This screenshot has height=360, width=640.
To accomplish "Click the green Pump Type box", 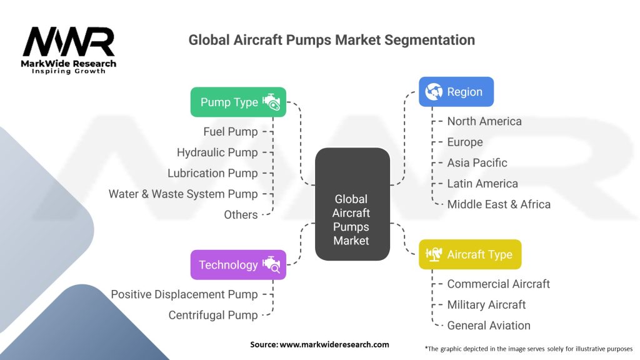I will tap(238, 102).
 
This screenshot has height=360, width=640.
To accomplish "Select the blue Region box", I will tap(456, 92).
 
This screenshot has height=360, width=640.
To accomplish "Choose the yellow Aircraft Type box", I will tap(469, 254).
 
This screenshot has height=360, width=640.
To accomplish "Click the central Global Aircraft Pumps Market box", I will tap(351, 204).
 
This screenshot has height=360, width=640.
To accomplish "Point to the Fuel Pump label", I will tap(230, 131).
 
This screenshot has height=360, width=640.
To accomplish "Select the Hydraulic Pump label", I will tap(217, 152).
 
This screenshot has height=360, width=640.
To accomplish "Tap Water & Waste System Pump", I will tap(183, 194).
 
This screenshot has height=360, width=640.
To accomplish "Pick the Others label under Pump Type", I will tap(241, 214).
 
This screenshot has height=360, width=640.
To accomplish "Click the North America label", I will tap(484, 121).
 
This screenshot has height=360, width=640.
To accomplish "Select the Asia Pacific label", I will tap(477, 162).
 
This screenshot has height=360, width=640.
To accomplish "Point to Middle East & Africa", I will tap(499, 204).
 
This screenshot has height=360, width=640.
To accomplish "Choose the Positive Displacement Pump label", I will tap(184, 294).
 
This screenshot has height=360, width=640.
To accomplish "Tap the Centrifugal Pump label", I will tap(212, 315).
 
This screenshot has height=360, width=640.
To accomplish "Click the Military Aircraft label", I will tap(486, 304).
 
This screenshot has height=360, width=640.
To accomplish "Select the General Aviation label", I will tap(488, 325).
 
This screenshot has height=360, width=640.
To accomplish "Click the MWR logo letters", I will tap(69, 42).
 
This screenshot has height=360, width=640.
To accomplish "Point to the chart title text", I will tap(331, 40).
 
